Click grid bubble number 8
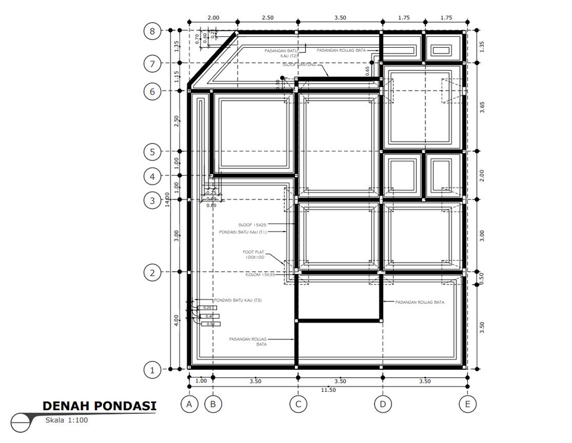click(x=153, y=31)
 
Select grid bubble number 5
click(x=153, y=152)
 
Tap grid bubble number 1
click(x=153, y=370)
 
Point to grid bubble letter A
click(x=189, y=404)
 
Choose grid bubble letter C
click(x=298, y=404)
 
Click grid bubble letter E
click(x=467, y=404)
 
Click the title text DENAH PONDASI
click(x=100, y=406)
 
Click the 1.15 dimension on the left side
click(x=176, y=76)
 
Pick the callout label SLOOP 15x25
click(x=254, y=224)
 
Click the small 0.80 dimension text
click(x=211, y=205)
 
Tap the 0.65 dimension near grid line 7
click(x=367, y=71)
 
